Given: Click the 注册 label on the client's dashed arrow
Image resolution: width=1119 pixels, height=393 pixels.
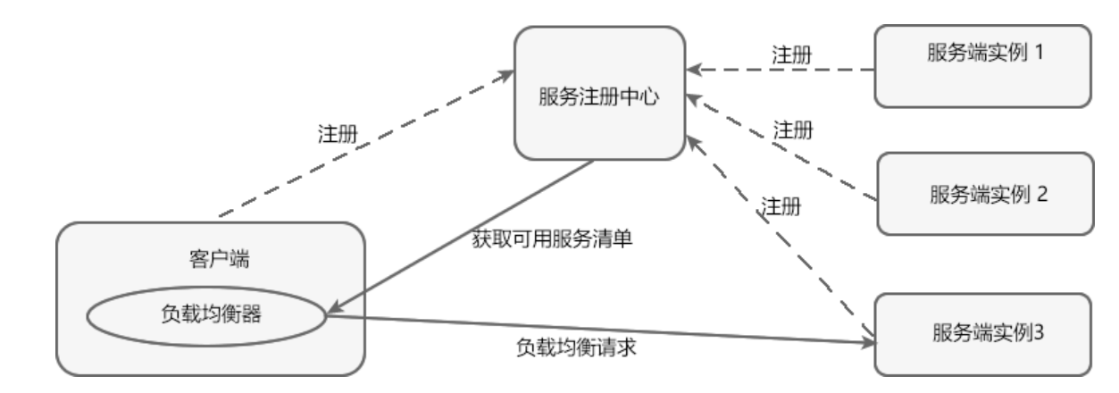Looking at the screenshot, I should click(x=338, y=133).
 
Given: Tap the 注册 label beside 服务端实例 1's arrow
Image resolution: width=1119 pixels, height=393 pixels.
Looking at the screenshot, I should click(x=791, y=54).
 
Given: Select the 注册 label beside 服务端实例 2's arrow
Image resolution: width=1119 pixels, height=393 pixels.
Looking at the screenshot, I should click(x=792, y=130).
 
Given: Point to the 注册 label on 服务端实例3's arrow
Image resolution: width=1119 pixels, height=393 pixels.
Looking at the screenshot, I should click(x=781, y=206).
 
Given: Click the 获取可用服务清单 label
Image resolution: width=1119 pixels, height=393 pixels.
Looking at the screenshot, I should click(x=552, y=239).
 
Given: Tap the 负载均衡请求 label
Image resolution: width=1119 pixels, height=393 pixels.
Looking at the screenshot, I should click(x=575, y=348).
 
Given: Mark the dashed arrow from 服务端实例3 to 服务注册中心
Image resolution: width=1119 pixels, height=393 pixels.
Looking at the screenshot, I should click(x=777, y=237).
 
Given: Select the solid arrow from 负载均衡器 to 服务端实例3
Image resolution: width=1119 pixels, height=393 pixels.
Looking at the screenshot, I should click(x=598, y=328).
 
